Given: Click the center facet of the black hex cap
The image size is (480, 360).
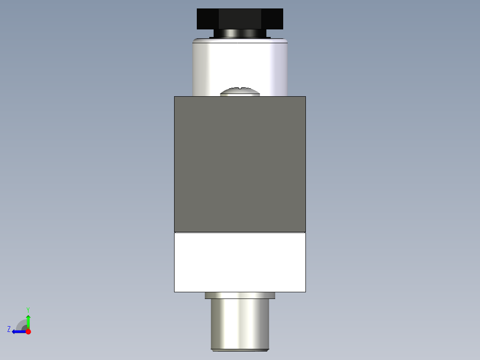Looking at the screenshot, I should point(240,19).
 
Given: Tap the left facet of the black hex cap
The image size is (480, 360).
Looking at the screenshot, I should point(207,19).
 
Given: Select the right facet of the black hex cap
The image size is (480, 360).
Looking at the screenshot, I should point(272,19).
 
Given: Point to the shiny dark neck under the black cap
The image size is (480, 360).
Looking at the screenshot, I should point(240,34).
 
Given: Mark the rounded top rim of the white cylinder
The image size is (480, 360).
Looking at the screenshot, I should point(240,41).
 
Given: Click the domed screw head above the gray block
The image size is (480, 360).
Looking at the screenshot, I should point(240,92).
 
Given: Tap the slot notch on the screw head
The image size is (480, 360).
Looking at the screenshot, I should point(241,88).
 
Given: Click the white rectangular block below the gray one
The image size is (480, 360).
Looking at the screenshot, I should point(240,262).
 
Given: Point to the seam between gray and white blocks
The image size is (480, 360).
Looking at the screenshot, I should point(240,232).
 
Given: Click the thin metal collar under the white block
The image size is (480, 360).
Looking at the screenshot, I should point(240,295).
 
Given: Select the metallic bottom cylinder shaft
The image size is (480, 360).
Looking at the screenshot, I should point(240,323).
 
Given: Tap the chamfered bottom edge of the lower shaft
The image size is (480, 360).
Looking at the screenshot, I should point(240,349).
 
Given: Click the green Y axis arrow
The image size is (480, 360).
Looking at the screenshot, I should point(28,321).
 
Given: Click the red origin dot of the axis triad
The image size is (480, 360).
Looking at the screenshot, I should point(28,331).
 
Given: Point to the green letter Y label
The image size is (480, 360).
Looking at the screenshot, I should point(28,309).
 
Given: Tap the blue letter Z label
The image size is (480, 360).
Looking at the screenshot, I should point(9,329).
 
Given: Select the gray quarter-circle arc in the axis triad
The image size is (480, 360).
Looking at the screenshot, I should point(21,324).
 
